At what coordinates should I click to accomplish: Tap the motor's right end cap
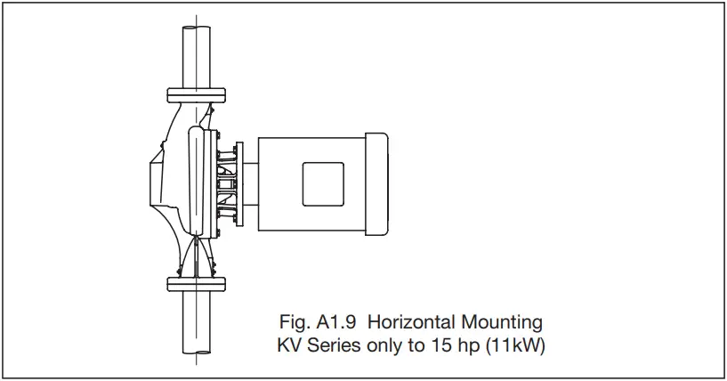[376, 185]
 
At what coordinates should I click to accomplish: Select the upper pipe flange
[195, 92]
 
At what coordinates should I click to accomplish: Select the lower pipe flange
[195, 284]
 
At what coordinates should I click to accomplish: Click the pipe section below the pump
[195, 325]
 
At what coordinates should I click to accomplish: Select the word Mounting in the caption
[506, 321]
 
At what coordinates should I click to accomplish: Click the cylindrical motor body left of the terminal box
[276, 185]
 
